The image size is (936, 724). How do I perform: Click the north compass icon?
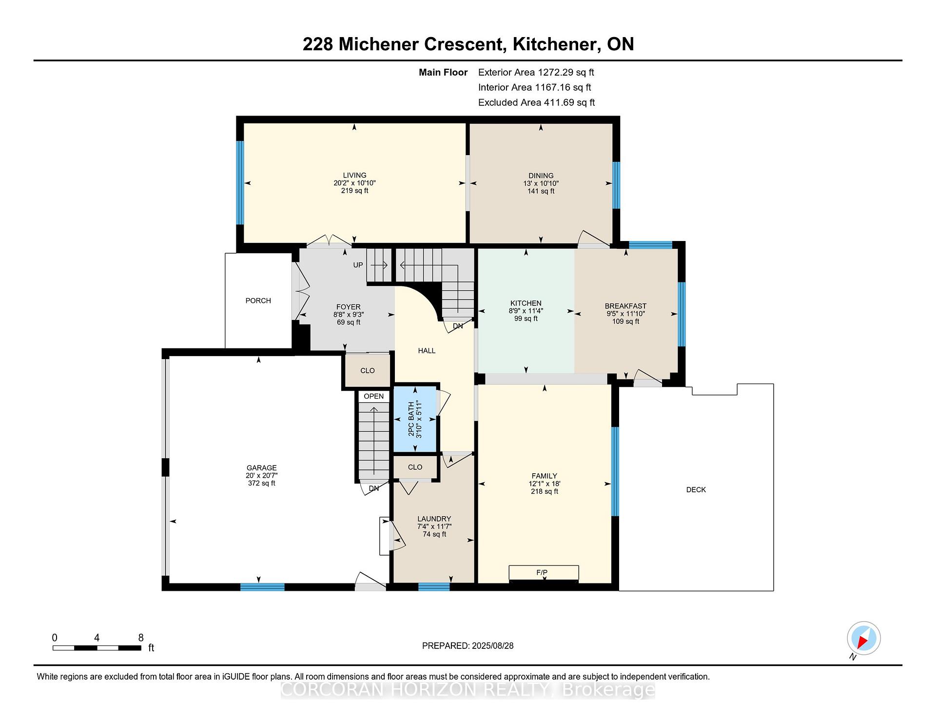863,638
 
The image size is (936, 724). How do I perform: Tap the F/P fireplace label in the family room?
542,572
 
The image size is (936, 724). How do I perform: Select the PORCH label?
258,301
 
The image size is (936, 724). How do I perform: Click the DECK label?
696,490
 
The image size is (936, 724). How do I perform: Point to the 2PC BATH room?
415,419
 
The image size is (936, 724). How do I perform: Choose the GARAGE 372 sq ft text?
261,483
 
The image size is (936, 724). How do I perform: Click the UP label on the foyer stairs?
358,265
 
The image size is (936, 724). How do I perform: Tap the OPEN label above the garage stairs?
373,396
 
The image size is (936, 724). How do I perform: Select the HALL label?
427,351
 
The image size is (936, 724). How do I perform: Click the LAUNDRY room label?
434,519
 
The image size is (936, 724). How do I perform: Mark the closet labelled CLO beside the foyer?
368,370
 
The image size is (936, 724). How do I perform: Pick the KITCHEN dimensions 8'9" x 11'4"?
526,311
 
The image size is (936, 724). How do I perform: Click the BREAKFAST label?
625,306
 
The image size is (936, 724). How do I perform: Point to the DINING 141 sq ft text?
541,191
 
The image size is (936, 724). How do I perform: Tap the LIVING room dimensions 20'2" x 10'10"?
354,183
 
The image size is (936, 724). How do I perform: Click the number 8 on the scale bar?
141,638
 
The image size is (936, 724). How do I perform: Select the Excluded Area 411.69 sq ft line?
536,102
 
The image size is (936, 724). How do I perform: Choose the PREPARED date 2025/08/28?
492,646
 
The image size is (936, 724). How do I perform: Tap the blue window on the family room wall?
615,471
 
